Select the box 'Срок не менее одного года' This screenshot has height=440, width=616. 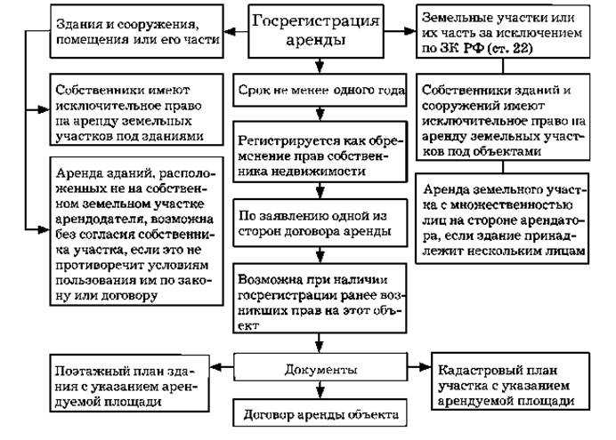point(320,91)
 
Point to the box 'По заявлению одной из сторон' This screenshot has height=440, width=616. point(320,224)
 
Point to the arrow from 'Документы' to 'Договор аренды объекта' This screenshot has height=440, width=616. point(320,389)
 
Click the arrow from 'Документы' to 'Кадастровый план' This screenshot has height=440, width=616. point(417,367)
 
